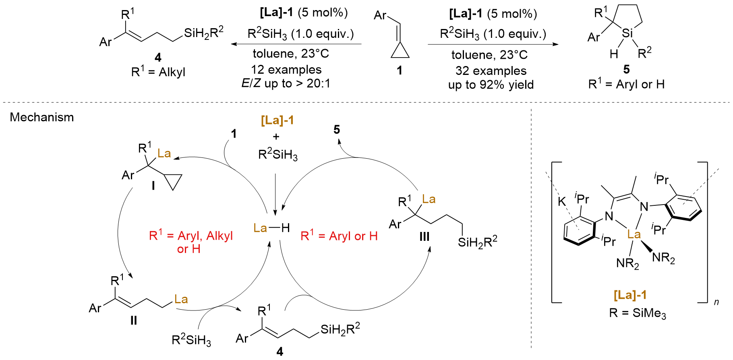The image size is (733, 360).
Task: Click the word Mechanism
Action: click(x=42, y=118)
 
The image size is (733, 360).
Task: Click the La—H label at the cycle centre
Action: click(x=271, y=228)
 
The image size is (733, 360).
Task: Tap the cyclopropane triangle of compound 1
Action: click(x=400, y=51)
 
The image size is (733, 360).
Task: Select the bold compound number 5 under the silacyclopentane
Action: click(x=626, y=69)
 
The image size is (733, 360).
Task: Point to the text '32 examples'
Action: click(x=491, y=71)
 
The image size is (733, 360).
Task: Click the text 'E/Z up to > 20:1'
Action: click(x=286, y=84)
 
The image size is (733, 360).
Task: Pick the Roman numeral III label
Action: click(x=424, y=236)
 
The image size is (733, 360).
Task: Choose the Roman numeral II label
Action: click(x=133, y=320)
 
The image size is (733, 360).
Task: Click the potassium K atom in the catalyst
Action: click(x=562, y=201)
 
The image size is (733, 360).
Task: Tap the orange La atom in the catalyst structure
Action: click(x=634, y=234)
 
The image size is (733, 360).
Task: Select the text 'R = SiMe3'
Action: click(x=638, y=313)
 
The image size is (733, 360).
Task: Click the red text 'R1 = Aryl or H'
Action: click(x=339, y=236)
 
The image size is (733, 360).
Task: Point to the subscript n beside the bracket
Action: click(x=716, y=302)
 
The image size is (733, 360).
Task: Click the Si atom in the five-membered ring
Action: click(x=627, y=33)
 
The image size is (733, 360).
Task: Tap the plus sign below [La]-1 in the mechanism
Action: click(x=276, y=137)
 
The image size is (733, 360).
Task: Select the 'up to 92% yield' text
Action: click(x=491, y=85)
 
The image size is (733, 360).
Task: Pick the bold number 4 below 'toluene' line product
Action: click(x=158, y=58)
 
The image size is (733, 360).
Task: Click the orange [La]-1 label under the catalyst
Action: click(x=630, y=295)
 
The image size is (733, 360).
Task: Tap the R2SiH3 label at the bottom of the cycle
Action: click(x=191, y=340)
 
